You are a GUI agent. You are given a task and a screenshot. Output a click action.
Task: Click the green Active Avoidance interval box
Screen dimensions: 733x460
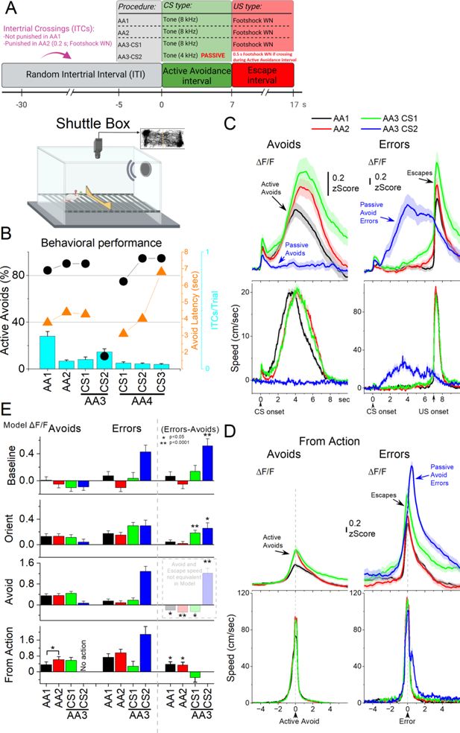pos(196,75)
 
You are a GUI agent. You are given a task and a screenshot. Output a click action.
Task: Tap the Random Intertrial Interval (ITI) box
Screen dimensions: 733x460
pos(81,76)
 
